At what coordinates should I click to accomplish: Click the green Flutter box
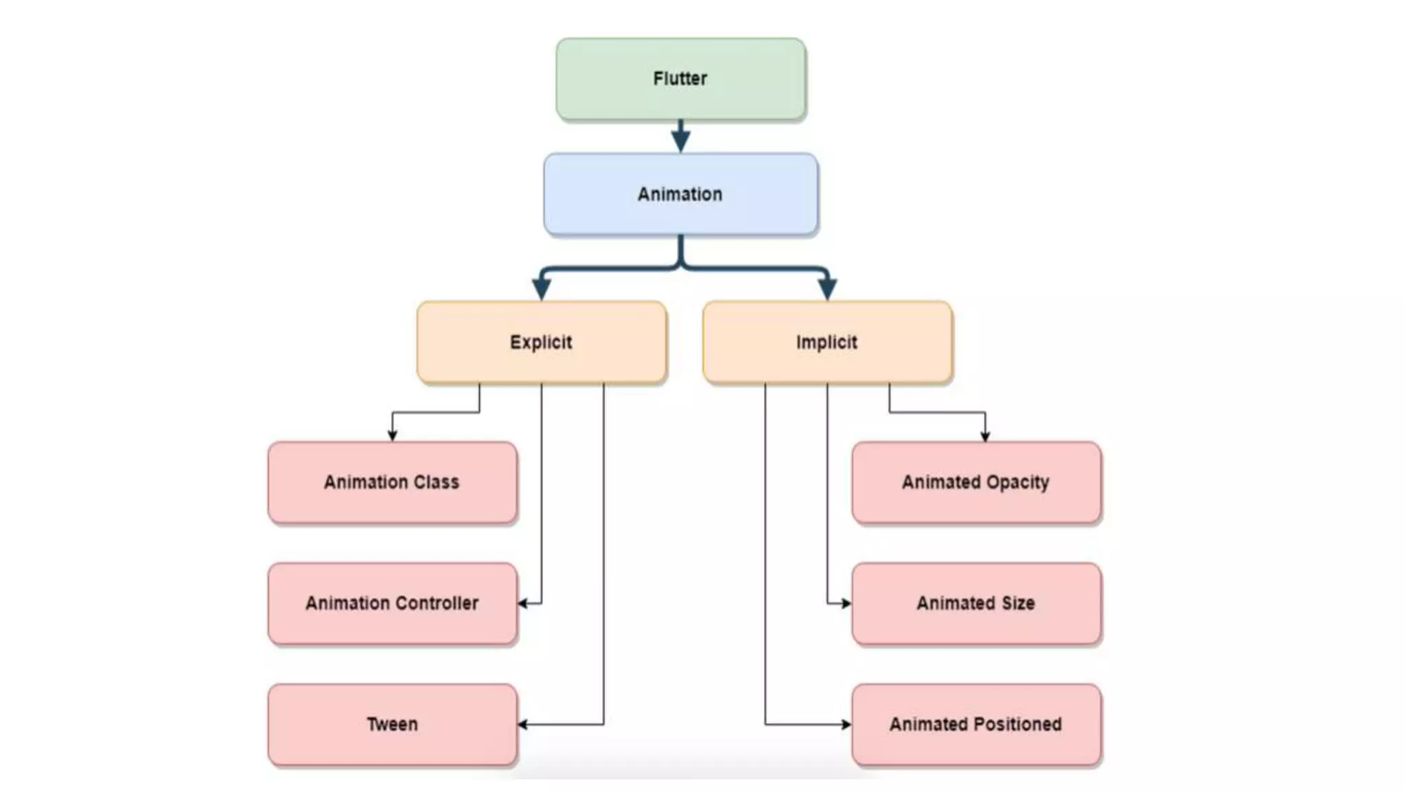coord(680,79)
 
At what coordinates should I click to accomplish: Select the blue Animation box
coord(680,194)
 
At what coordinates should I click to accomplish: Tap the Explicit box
coord(541,342)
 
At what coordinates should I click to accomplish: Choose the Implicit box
coord(827,342)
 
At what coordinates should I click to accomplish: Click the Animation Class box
coord(392,482)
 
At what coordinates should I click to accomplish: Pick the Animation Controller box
coord(392,603)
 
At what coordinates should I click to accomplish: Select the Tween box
coord(392,724)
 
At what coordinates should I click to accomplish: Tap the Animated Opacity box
coord(976,482)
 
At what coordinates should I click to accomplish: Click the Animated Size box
coord(976,603)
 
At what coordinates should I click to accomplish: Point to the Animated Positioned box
coord(976,724)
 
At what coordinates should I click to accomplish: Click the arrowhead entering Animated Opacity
coord(985,436)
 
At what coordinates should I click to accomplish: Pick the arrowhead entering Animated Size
coord(846,604)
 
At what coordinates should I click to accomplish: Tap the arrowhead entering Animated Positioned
coord(846,724)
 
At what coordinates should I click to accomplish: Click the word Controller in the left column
coord(437,603)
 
